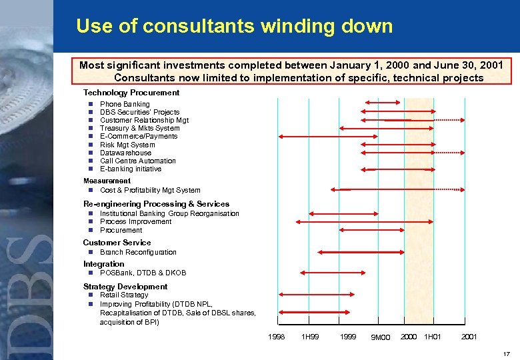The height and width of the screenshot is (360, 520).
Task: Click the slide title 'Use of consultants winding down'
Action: (234, 26)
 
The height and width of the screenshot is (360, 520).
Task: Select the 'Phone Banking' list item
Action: (125, 104)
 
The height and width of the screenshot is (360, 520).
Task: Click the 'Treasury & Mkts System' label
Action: (139, 128)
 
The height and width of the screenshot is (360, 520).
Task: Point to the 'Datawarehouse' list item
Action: (125, 153)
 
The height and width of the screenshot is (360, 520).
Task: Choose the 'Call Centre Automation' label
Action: (137, 161)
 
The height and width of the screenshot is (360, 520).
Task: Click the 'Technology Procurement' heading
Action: (131, 93)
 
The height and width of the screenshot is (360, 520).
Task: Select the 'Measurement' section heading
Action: (107, 181)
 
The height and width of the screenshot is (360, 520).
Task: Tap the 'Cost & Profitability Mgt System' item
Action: (149, 190)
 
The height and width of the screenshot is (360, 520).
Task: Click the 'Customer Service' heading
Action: (117, 243)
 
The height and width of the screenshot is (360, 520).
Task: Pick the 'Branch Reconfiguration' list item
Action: (138, 252)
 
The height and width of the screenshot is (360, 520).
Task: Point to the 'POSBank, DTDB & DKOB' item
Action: (143, 273)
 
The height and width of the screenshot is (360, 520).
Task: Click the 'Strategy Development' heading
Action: (125, 287)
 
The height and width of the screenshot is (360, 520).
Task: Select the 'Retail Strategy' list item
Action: (124, 295)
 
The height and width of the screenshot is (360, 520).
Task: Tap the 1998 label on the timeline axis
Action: (276, 337)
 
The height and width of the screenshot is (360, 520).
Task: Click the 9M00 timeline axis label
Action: (380, 337)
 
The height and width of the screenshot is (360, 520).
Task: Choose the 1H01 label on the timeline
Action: (432, 337)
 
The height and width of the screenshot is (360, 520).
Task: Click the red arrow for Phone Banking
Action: (380, 102)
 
